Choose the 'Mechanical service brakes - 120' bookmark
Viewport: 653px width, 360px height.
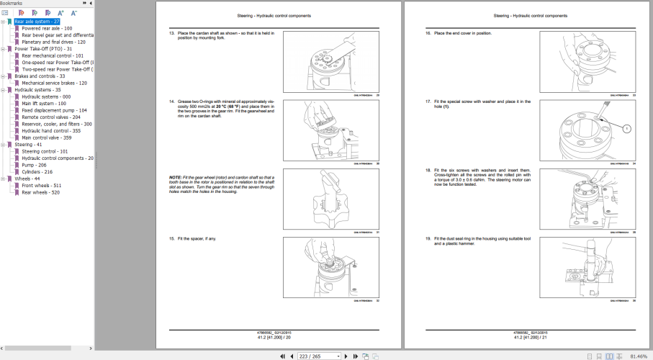54,83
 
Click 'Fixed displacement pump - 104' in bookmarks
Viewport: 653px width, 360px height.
54,110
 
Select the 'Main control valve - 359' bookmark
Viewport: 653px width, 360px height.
46,138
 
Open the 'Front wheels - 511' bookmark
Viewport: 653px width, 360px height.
41,186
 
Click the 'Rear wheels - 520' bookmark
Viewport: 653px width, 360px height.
40,192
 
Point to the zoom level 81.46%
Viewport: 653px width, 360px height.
637,356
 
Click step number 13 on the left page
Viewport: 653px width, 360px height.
172,33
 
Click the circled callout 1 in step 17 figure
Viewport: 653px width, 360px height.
626,128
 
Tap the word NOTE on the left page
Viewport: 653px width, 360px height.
175,176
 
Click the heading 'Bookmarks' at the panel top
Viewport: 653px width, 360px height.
12,4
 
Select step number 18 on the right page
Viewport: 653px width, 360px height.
428,170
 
